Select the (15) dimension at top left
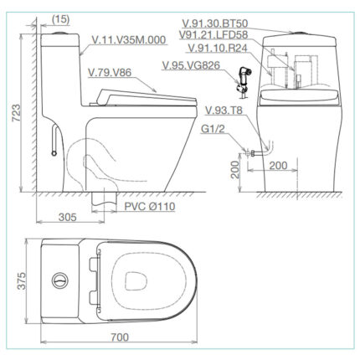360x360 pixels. (59, 18)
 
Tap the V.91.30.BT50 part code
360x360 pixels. (234, 23)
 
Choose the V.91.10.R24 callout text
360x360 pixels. (219, 48)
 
